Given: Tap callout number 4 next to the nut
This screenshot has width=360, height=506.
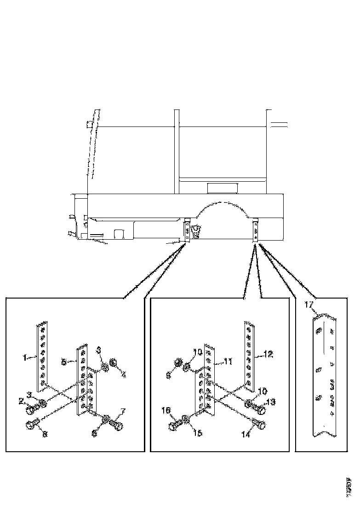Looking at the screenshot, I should point(123,375).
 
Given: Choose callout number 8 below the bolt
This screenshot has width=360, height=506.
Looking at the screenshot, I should point(45,434).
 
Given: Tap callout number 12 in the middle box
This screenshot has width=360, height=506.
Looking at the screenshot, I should point(268,354).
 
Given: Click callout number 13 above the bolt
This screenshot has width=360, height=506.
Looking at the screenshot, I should point(271,402).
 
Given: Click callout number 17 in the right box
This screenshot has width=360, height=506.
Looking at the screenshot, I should point(309,304).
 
